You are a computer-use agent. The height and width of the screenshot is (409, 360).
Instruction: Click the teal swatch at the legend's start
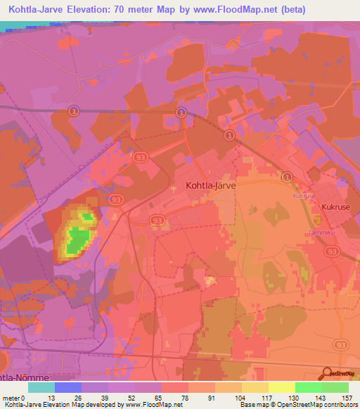(x=41, y=387)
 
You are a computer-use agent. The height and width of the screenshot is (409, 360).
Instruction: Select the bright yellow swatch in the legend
(x=282, y=387)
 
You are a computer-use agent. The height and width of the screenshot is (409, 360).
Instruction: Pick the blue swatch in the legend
(x=67, y=387)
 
